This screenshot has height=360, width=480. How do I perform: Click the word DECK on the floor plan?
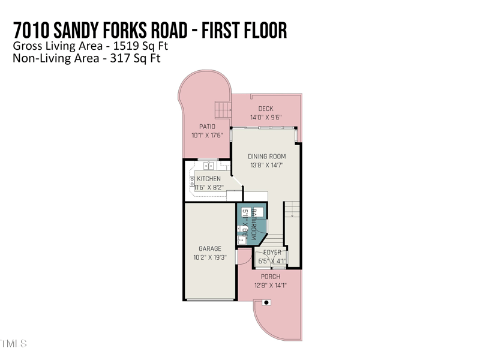(265, 109)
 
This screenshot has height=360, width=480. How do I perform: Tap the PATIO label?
(207, 127)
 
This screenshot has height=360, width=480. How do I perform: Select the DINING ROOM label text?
(267, 157)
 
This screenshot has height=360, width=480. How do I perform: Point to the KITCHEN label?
(209, 179)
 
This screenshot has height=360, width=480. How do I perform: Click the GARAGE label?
(210, 248)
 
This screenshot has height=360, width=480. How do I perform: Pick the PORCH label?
(270, 277)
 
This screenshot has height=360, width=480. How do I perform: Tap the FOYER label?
(272, 253)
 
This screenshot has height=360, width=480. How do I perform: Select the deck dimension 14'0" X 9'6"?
(266, 118)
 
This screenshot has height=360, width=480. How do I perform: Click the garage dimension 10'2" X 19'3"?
(210, 257)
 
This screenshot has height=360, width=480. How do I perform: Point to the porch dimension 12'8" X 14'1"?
(270, 286)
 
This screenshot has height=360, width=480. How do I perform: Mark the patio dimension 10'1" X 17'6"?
(207, 136)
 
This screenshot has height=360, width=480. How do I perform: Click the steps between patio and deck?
(223, 109)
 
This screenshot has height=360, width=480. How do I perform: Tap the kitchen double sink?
(209, 165)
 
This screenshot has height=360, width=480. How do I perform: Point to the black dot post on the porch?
(267, 303)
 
